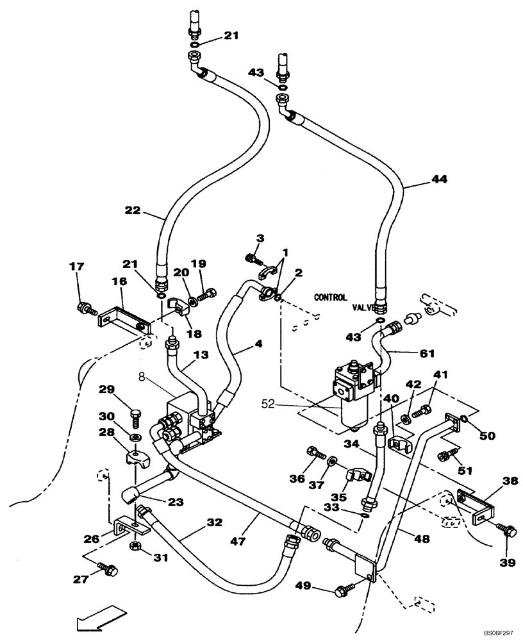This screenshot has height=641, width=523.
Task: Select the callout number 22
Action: [132, 210]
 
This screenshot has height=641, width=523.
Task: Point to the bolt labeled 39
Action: [506, 529]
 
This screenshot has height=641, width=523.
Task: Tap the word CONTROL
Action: [331, 297]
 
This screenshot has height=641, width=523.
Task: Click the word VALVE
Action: [363, 308]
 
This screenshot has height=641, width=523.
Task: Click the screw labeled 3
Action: [254, 258]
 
